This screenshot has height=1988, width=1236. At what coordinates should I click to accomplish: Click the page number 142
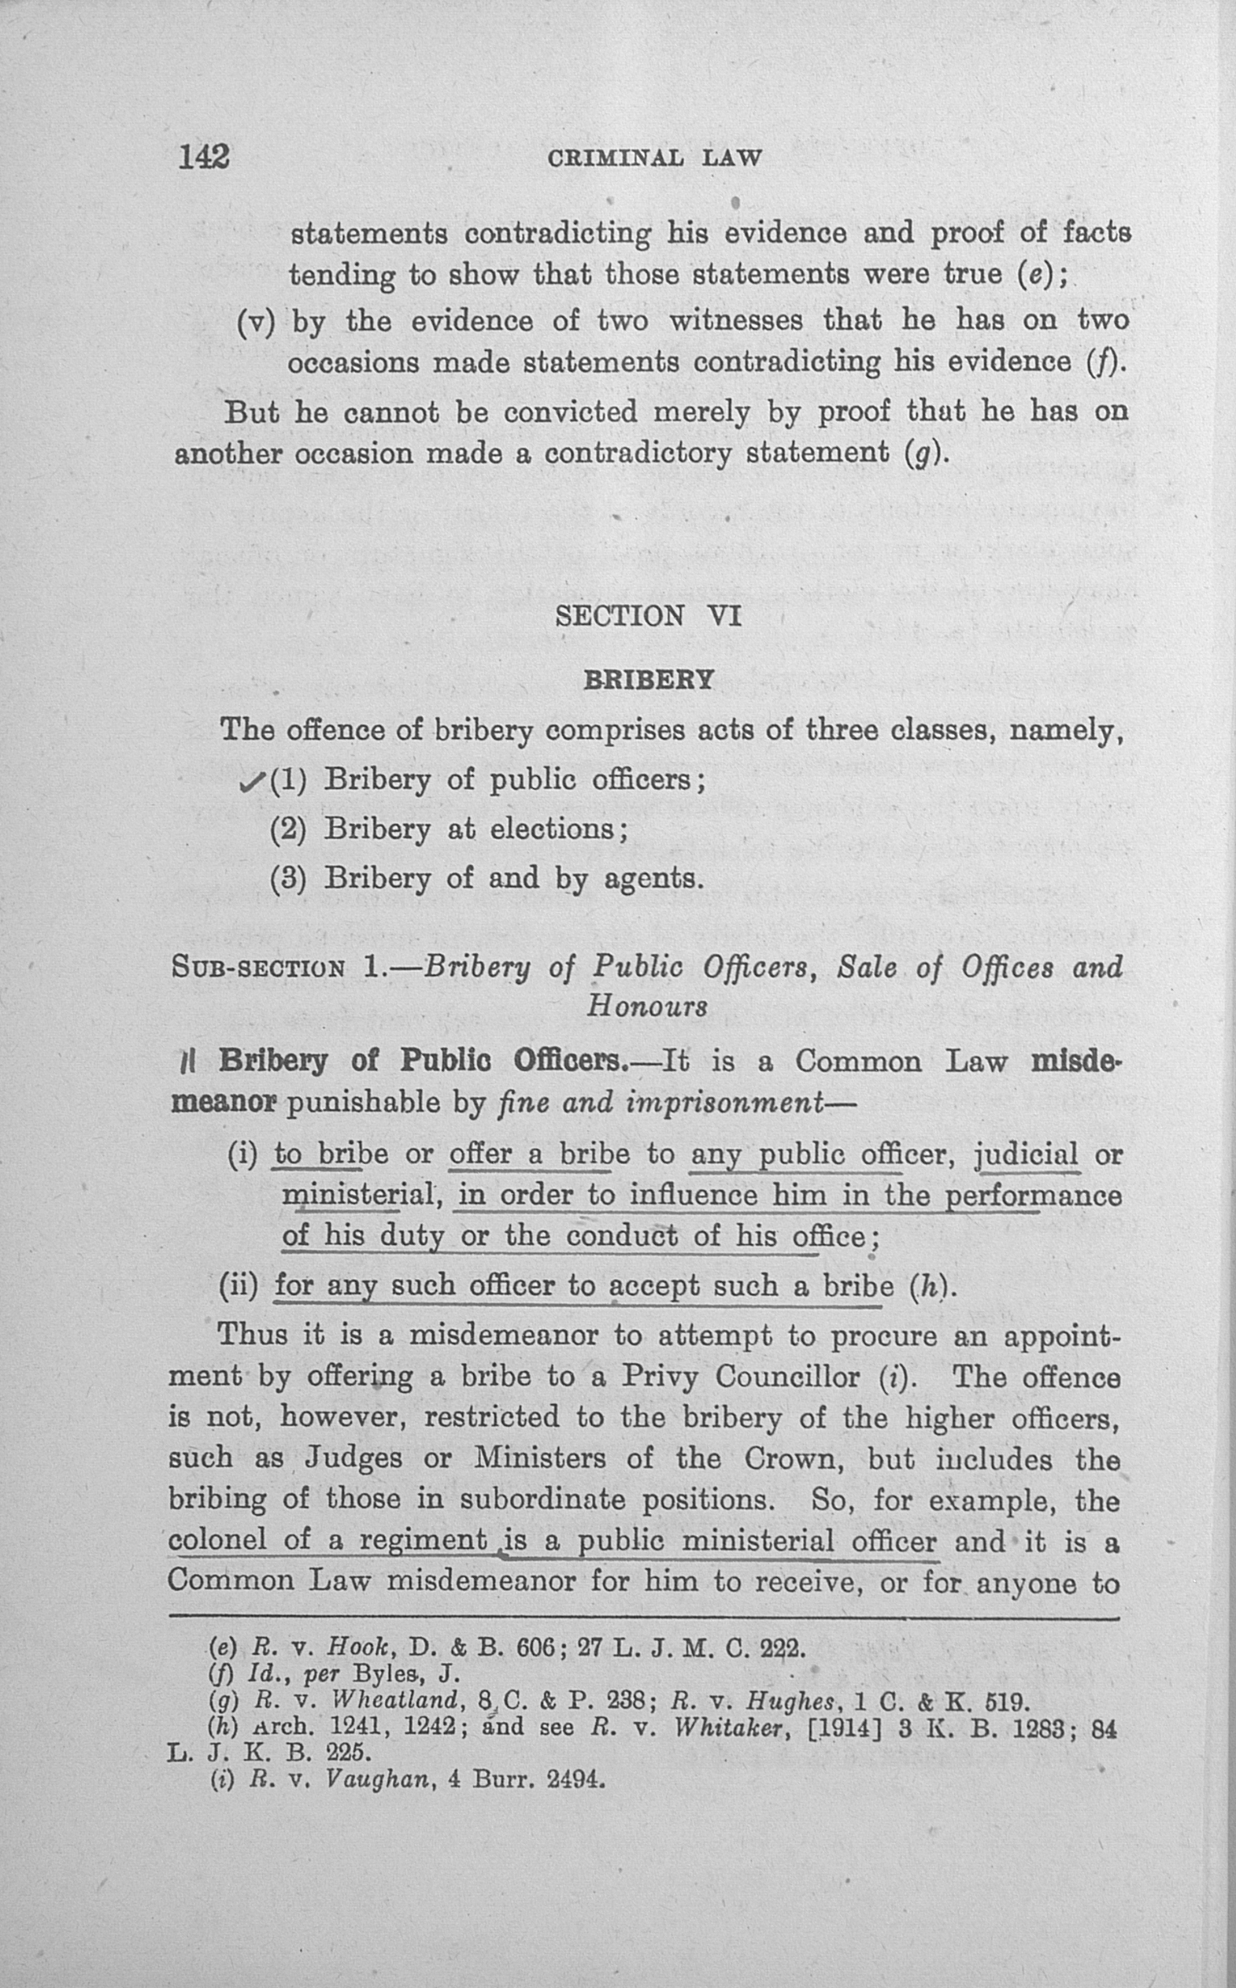click(x=205, y=156)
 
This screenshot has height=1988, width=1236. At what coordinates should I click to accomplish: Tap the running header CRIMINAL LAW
click(x=655, y=157)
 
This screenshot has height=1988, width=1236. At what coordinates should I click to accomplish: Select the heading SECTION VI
click(x=648, y=615)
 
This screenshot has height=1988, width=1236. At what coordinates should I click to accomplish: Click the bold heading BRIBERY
click(x=648, y=680)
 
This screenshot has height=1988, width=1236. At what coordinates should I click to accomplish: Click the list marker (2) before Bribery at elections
click(x=288, y=830)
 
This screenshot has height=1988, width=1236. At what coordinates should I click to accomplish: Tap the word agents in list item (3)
click(x=654, y=879)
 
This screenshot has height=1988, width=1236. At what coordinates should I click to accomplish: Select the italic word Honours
click(x=646, y=1005)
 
